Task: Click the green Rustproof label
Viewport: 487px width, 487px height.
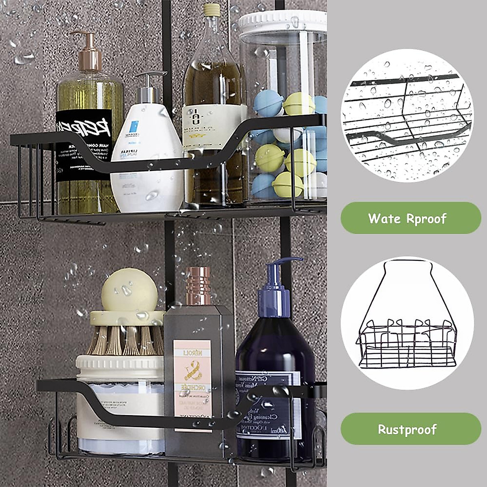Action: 407,429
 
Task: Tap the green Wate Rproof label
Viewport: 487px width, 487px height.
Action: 407,218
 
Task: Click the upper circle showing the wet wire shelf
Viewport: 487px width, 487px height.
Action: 407,118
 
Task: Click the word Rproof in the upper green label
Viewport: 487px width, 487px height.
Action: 426,218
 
